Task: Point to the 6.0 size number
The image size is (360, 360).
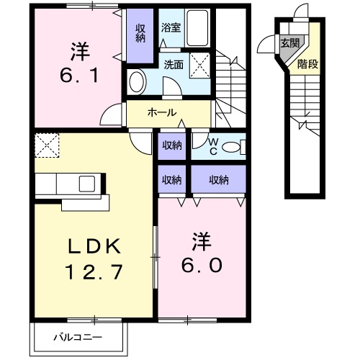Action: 201,263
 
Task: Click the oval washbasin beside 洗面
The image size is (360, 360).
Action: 137,81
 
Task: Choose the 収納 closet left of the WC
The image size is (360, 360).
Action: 171,145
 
